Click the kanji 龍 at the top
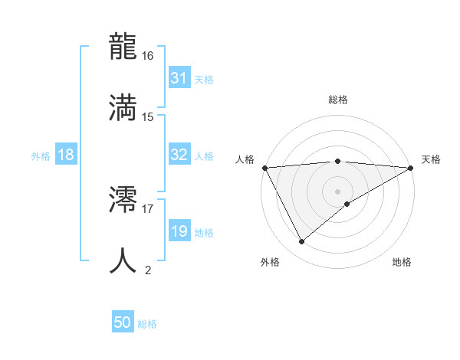tap(123, 47)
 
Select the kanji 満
tap(123, 107)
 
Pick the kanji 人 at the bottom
tap(123, 260)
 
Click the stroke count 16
tap(148, 56)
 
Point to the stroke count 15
tap(148, 116)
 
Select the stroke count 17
tap(148, 208)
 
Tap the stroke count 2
tap(148, 270)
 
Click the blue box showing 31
tap(179, 78)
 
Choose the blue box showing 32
tap(179, 155)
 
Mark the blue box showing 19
tap(179, 231)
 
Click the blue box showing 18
tap(66, 155)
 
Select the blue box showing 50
tap(123, 322)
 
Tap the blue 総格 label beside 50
tap(147, 324)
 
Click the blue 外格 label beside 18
tap(41, 155)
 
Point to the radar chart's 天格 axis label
tap(431, 159)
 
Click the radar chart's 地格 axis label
tap(402, 262)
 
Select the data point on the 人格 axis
tap(264, 167)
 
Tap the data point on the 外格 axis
tap(301, 242)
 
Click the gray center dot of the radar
tap(338, 191)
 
